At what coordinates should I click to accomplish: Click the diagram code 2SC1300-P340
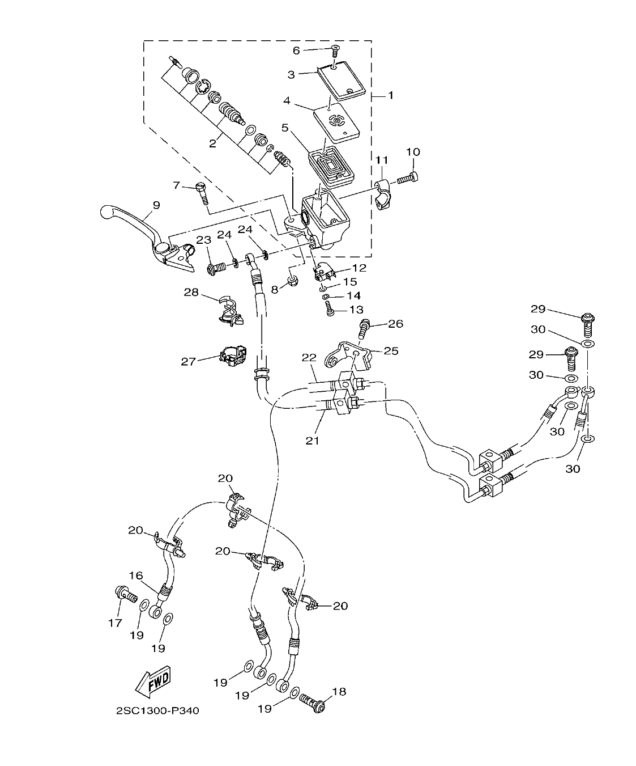pos(157,711)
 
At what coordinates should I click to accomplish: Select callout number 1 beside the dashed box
pos(390,96)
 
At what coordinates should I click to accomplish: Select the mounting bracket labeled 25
pos(346,355)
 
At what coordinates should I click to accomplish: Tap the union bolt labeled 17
pos(126,595)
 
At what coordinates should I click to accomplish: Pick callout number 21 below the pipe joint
pos(311,440)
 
